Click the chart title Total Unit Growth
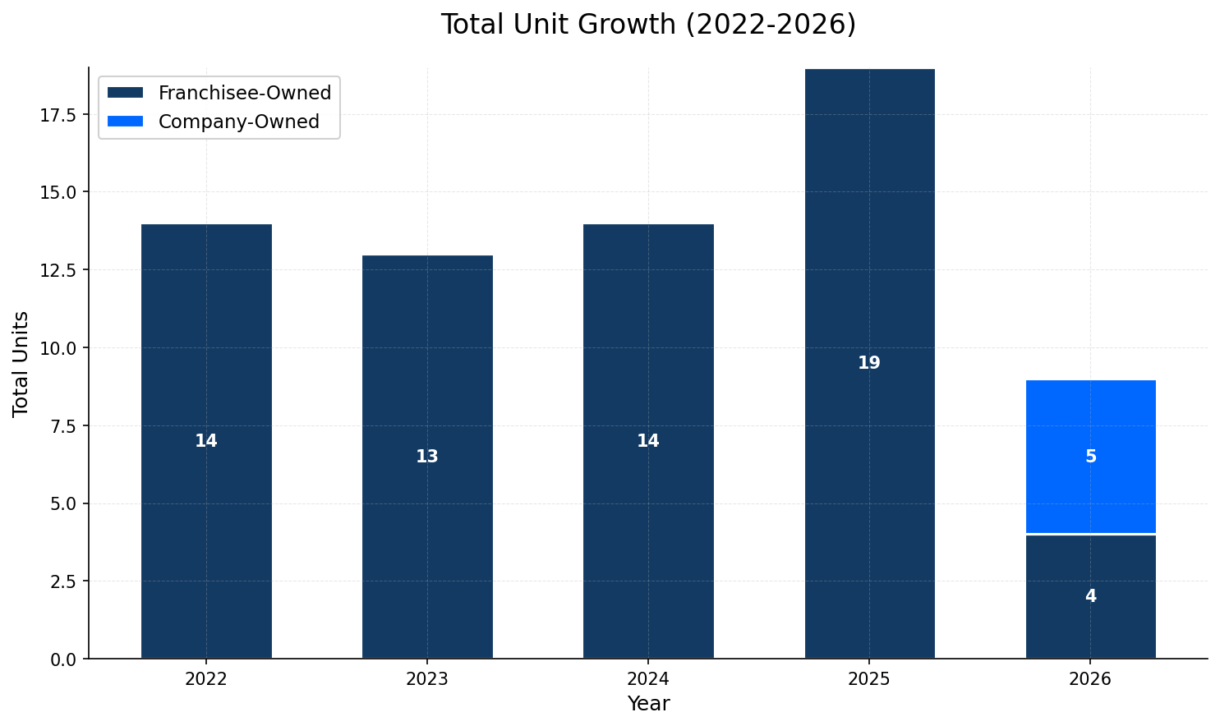tap(647, 25)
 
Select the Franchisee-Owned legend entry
tap(244, 93)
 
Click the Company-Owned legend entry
tap(238, 122)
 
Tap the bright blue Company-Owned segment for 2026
tap(1090, 427)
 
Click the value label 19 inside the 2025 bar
tap(868, 363)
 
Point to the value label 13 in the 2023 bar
tap(426, 457)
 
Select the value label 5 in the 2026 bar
tap(1090, 457)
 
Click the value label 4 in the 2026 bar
tap(1090, 596)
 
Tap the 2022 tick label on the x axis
tap(206, 679)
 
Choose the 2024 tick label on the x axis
tap(647, 679)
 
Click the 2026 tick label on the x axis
tap(1089, 679)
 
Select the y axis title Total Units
tap(21, 363)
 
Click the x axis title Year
tap(647, 704)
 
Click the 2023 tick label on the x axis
tap(426, 679)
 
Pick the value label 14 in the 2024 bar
tap(647, 441)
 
